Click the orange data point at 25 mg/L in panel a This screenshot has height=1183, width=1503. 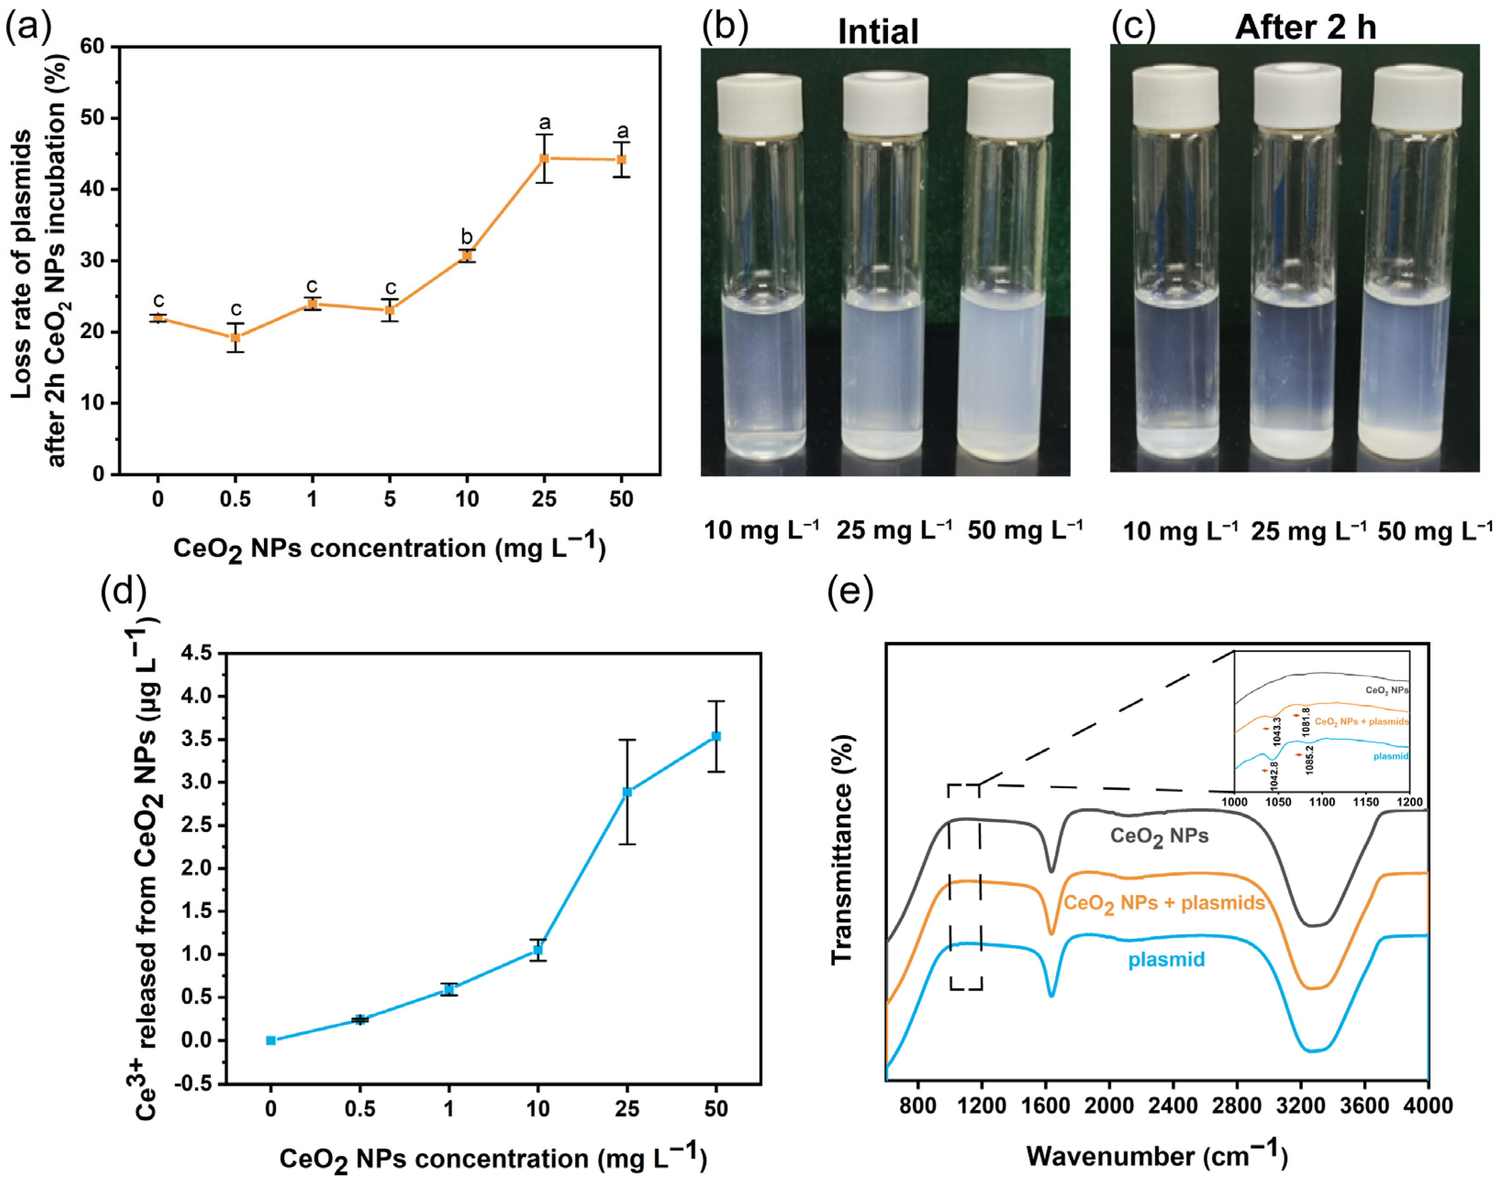544,158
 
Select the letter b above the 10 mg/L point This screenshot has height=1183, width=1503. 467,237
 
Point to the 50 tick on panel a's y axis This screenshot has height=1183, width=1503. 93,118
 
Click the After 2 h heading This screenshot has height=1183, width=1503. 1305,28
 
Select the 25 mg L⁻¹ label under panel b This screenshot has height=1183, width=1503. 894,531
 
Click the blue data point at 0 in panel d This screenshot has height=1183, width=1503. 270,1040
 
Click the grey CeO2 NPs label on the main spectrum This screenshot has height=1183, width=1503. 1159,837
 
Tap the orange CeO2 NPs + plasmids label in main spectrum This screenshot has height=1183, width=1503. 1164,904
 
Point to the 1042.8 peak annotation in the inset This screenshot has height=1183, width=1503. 1274,776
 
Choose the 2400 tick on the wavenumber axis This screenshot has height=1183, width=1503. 1173,1106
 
